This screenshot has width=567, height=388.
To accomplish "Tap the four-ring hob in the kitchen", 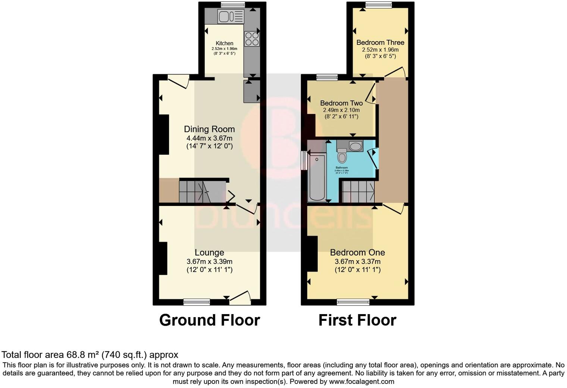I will click(x=252, y=38).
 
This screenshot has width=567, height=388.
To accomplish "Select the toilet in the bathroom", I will click(x=342, y=156).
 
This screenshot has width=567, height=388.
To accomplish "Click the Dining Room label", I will click(x=209, y=129).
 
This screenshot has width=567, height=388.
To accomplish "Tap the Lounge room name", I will click(x=209, y=253).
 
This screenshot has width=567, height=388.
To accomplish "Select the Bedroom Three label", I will click(x=380, y=43).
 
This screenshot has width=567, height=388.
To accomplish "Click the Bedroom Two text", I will click(x=341, y=103).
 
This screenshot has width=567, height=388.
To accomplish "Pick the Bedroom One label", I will click(x=357, y=253).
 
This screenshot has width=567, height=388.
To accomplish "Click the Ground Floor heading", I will click(x=209, y=320).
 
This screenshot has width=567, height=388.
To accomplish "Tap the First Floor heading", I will click(x=357, y=320).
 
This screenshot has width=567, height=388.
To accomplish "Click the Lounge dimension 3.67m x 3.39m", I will click(x=209, y=262).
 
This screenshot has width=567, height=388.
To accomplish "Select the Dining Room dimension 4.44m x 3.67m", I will click(x=209, y=138).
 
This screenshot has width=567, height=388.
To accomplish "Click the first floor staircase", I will click(x=358, y=191).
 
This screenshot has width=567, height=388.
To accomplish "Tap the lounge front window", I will click(x=197, y=302).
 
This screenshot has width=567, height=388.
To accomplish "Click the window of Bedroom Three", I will click(x=378, y=5).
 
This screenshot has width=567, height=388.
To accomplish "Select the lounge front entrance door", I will click(x=240, y=297).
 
